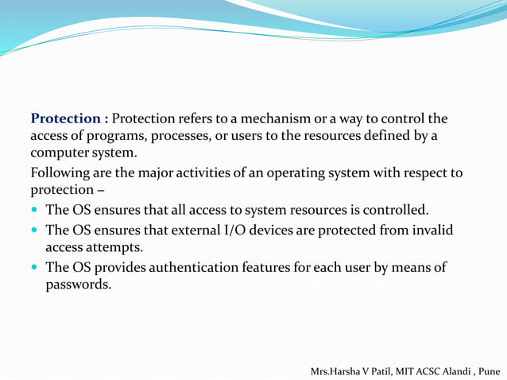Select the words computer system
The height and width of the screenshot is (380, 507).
(x=83, y=153)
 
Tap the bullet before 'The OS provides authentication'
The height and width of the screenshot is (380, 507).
(x=35, y=268)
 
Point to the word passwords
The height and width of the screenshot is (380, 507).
(x=78, y=284)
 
